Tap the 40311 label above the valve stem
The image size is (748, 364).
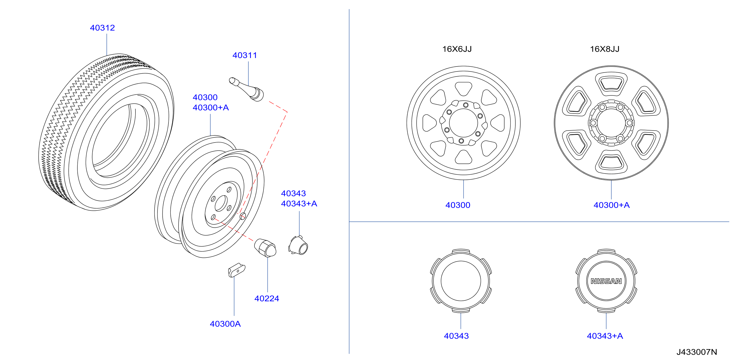tap(244, 55)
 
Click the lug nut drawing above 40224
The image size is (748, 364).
tap(265, 248)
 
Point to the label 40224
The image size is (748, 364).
tap(266, 299)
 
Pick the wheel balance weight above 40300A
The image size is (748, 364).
tap(237, 270)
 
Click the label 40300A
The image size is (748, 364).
tap(225, 324)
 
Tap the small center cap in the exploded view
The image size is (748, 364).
tap(298, 245)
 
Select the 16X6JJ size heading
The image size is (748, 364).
tap(457, 49)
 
